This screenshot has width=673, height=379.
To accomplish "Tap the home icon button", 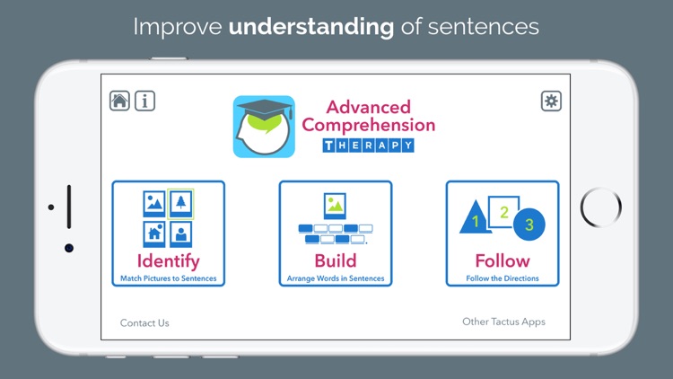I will click(x=119, y=101).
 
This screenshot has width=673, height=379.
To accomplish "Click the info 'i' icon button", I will click(x=144, y=101).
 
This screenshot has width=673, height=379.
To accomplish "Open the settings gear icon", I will click(x=551, y=101).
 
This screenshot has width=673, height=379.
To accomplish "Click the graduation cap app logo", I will click(x=264, y=127).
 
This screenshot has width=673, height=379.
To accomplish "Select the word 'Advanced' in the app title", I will click(x=368, y=108).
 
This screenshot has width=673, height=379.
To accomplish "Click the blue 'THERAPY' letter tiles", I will click(x=368, y=145).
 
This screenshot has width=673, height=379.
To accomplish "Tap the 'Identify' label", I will click(x=169, y=261).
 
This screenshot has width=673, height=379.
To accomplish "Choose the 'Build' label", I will click(x=335, y=261).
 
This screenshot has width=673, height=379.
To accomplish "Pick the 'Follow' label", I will click(x=503, y=261).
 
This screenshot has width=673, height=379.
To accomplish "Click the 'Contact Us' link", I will click(x=144, y=322).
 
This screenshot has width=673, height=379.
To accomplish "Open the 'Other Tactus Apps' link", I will click(x=503, y=322).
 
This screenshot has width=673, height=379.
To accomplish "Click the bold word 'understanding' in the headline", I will click(x=311, y=27).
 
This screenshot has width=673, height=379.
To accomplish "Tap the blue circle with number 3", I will click(x=529, y=225).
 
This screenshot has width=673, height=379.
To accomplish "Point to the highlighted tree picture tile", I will click(x=180, y=204).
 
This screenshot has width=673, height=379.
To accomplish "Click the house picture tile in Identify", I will click(x=154, y=234).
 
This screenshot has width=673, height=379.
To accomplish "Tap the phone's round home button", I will click(x=600, y=208).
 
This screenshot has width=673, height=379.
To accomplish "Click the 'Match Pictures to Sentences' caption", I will click(x=169, y=278).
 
